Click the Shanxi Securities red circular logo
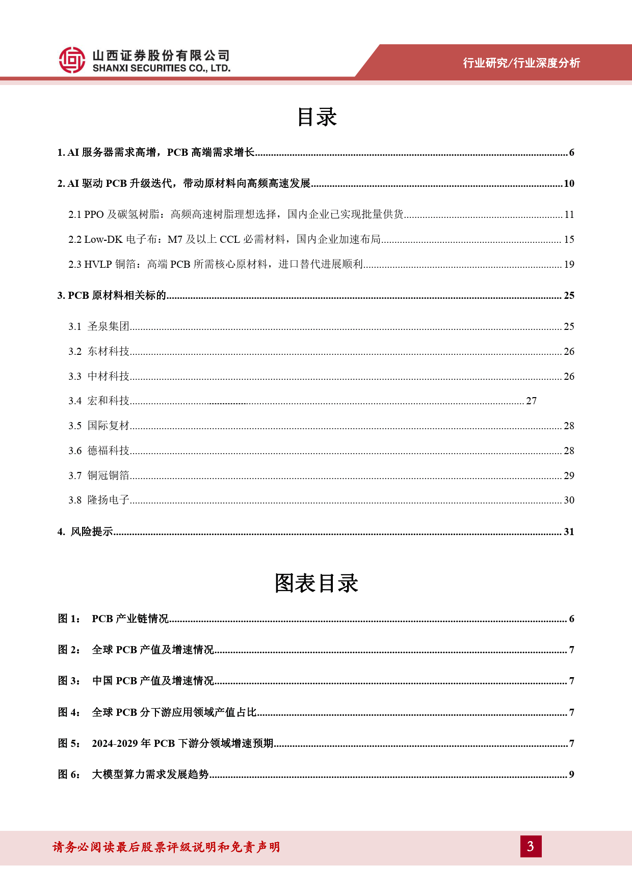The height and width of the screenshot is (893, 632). point(72,60)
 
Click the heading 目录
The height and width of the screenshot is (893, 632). point(317,117)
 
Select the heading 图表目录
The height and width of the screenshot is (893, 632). point(316,583)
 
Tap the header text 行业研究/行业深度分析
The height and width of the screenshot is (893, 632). point(521,63)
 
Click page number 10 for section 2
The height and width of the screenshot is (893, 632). point(569,184)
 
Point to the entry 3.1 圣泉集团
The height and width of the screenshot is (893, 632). point(99,326)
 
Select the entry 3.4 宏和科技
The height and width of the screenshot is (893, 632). point(99,401)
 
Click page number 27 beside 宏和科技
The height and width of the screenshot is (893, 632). point(531,401)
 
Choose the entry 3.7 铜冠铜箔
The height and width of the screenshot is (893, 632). point(99,476)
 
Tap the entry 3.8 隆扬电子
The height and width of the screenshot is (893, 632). point(99,500)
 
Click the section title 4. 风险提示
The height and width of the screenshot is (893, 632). point(86,532)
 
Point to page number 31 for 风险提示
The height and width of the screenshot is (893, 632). point(569,532)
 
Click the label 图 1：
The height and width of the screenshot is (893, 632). point(69,619)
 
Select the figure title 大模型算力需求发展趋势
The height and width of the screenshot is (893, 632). point(150,775)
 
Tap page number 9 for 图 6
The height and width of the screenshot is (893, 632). point(571,775)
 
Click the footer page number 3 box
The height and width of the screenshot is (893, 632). point(531,846)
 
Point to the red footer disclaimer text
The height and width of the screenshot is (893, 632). point(166,847)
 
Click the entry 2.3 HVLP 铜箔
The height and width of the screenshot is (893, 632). point(216,264)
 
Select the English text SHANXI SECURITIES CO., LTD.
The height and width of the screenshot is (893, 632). point(162,68)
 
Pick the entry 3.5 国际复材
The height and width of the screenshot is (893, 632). point(99,426)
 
